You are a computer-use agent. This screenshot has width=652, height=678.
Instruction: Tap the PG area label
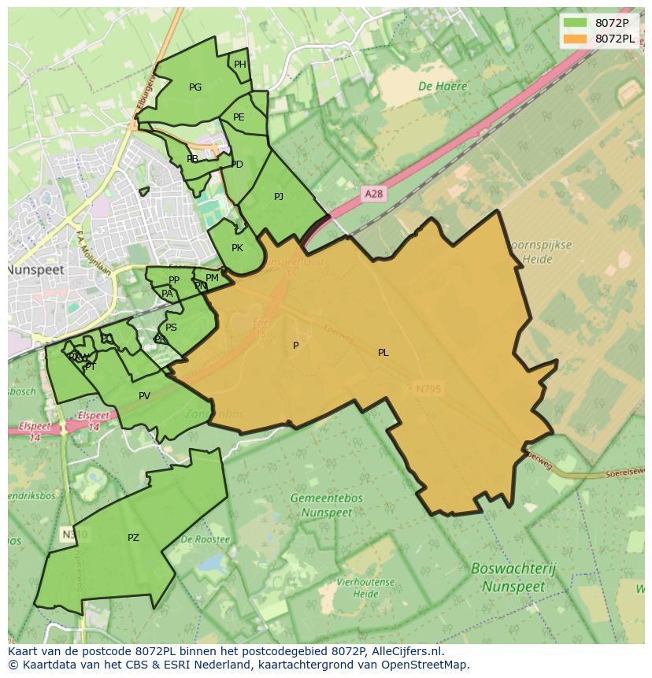pos(195,87)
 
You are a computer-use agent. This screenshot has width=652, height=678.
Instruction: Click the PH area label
pos(240,65)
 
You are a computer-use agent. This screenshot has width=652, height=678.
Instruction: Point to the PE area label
pos(239,117)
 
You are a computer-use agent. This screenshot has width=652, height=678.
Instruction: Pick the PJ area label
pos(279,197)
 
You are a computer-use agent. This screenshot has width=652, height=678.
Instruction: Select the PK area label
pos(237,248)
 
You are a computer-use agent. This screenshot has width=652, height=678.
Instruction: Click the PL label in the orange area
pos(383,353)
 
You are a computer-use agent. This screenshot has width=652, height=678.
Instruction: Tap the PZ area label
pos(133,538)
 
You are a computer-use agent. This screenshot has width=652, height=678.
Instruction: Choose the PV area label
pos(144,396)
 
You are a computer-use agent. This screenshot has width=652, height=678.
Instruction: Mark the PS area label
pos(171,328)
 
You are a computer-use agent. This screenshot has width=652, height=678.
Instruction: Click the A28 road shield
pos(375,193)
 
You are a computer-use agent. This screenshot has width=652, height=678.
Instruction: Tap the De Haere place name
pos(443,87)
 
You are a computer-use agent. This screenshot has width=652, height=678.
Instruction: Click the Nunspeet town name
pos(35,269)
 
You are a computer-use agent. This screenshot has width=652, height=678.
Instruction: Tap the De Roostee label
pos(205,540)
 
